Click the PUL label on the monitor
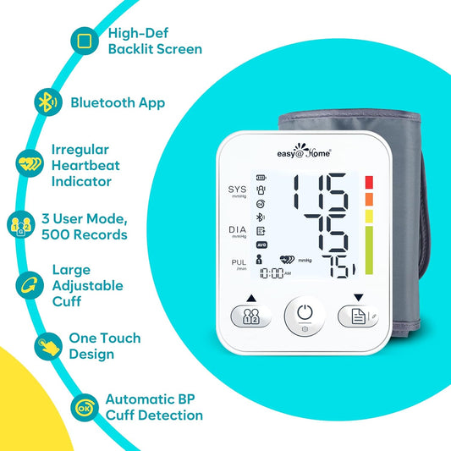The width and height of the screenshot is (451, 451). click(x=238, y=263)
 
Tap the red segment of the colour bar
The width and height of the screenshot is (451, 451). click(x=369, y=182)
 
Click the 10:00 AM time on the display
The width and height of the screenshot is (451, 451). click(x=274, y=273)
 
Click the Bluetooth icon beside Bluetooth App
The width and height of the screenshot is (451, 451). click(x=47, y=102)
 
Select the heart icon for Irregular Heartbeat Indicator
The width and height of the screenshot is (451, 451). click(x=29, y=161)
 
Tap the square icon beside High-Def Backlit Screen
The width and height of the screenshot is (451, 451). click(x=82, y=40)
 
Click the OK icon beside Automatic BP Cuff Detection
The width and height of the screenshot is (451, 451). click(x=83, y=407)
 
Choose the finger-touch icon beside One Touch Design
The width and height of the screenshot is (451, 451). click(x=47, y=345)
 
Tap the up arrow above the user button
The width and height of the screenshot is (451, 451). click(x=251, y=297)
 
